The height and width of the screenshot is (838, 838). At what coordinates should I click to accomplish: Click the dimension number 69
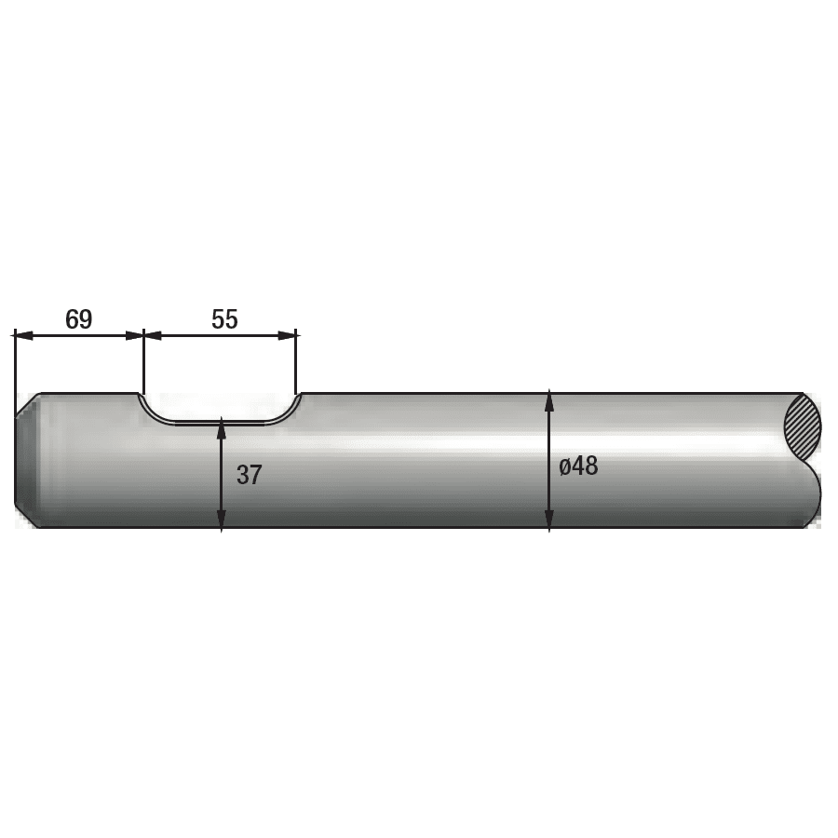point(78,319)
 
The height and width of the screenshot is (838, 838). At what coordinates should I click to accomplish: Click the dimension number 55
point(224,319)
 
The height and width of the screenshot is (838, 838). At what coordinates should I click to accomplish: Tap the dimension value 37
point(249,475)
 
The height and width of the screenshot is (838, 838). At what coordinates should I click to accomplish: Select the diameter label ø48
point(578,466)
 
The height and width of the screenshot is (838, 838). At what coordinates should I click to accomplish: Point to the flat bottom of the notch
point(220,423)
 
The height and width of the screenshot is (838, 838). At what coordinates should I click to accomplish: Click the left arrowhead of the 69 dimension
point(22,335)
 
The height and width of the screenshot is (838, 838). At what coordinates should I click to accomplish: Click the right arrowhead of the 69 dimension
point(135,335)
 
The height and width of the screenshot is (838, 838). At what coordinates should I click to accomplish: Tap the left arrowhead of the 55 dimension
point(153,335)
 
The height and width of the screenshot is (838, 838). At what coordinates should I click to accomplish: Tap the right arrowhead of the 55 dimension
point(287,335)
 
